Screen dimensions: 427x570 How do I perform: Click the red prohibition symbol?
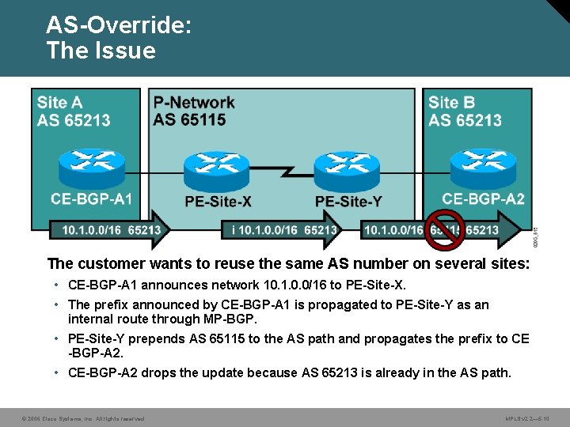(445, 229)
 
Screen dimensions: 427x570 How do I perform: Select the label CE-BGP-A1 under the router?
(91, 198)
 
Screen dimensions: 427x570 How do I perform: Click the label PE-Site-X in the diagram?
(218, 202)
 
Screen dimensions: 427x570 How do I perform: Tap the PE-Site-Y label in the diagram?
(348, 202)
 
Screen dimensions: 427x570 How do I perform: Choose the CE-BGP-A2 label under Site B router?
(483, 198)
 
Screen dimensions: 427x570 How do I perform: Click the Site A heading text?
(59, 102)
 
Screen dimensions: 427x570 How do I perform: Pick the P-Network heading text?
(194, 102)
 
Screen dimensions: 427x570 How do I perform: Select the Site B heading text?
(451, 102)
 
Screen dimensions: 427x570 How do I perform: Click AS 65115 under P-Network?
(189, 119)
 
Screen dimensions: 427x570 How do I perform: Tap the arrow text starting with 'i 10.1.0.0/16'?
(285, 230)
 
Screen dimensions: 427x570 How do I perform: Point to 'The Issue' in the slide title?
(101, 51)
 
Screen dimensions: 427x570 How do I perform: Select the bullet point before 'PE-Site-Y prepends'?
(58, 339)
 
